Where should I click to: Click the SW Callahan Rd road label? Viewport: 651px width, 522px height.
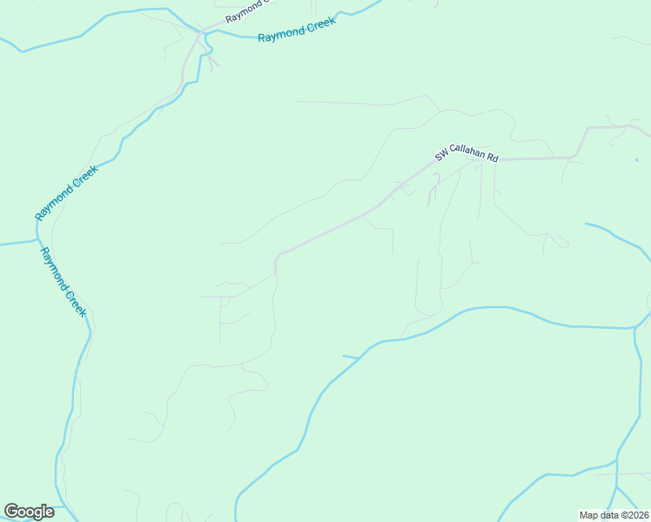click(467, 153)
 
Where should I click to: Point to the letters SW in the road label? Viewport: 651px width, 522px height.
click(441, 157)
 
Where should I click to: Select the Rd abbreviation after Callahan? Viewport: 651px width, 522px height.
click(493, 157)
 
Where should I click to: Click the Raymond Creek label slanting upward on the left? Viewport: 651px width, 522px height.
click(67, 191)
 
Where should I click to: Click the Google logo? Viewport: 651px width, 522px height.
click(30, 512)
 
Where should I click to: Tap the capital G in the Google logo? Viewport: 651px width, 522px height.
click(11, 512)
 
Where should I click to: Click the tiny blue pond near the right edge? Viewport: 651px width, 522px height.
click(637, 159)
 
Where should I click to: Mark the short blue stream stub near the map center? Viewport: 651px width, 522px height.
click(350, 356)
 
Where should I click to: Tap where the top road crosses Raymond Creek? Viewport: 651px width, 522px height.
click(201, 32)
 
